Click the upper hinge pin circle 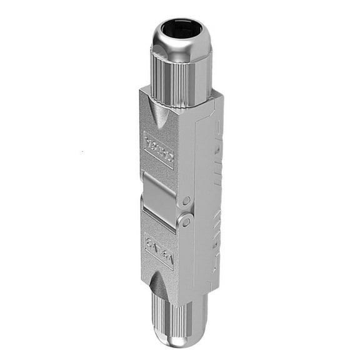coord(187,201)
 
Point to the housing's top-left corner coord(141,90)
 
